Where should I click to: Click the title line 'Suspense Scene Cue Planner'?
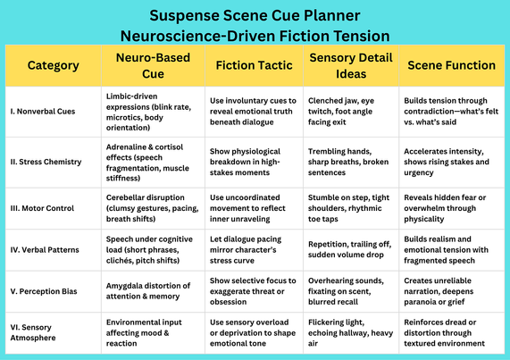255,15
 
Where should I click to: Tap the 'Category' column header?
53,65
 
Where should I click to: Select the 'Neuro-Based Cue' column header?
153,65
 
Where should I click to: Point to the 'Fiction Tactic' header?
254,65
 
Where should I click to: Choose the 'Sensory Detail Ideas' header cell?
351,65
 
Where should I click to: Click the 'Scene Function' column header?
451,65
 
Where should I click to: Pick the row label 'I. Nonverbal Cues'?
43,112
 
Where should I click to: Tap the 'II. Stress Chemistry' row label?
46,162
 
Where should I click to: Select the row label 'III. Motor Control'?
42,208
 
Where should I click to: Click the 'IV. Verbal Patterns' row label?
45,250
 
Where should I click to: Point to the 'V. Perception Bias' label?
44,291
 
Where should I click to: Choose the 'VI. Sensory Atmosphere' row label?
33,332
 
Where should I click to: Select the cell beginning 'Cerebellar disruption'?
152,208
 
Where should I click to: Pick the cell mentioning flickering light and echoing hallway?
350,332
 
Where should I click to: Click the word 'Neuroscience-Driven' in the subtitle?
197,36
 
